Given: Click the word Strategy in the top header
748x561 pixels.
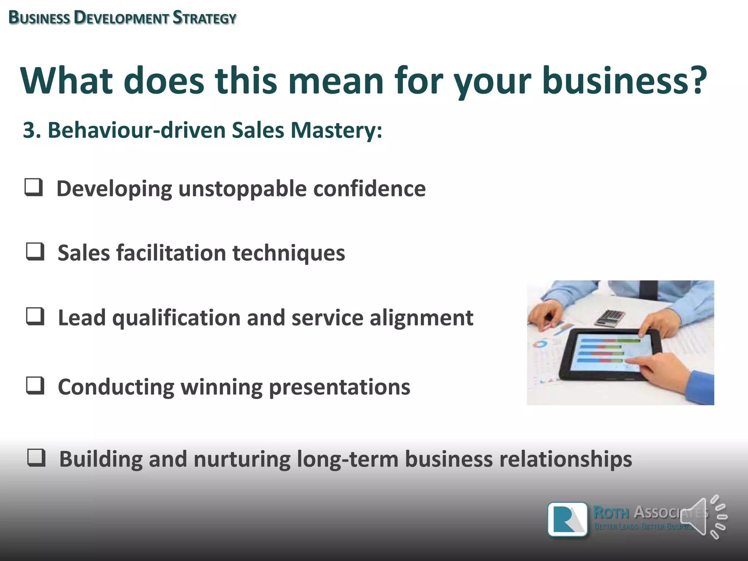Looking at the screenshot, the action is pyautogui.click(x=205, y=18).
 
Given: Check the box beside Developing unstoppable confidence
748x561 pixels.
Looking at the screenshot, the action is pyautogui.click(x=34, y=187).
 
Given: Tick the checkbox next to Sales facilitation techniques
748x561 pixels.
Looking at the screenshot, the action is pyautogui.click(x=35, y=252).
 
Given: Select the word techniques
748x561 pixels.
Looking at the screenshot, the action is pyautogui.click(x=289, y=253).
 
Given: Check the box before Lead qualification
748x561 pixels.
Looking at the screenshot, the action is pyautogui.click(x=35, y=316).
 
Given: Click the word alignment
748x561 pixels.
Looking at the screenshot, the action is pyautogui.click(x=421, y=318).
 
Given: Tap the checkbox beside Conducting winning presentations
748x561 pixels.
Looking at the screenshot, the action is pyautogui.click(x=35, y=386).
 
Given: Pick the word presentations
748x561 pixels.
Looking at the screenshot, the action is pyautogui.click(x=339, y=387).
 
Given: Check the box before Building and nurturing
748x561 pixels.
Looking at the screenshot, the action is pyautogui.click(x=37, y=458).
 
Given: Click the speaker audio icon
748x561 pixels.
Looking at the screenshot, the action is pyautogui.click(x=703, y=517).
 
